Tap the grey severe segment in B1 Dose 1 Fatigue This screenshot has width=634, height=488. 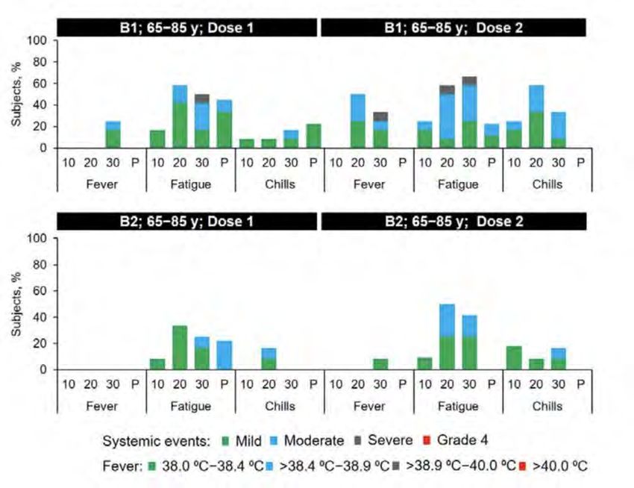(201, 98)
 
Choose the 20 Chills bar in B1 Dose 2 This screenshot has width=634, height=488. (536, 116)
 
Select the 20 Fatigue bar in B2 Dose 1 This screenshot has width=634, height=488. (179, 348)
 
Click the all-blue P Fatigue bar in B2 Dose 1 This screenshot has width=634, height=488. (224, 355)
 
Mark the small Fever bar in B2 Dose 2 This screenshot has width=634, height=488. (380, 364)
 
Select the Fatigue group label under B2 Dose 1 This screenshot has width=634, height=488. (190, 406)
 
